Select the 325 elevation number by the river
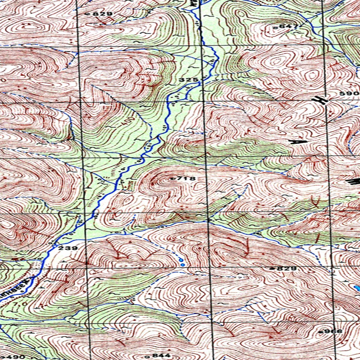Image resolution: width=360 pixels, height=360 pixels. coord(188,80)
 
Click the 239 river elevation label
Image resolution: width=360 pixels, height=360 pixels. coord(69,248)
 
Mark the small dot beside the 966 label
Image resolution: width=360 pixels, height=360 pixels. coord(321,332)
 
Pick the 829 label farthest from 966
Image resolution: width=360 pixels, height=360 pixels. coord(103,14)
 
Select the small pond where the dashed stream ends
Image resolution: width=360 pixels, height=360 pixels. coord(181,260)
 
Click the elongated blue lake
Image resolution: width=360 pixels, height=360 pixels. coord(357,288)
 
